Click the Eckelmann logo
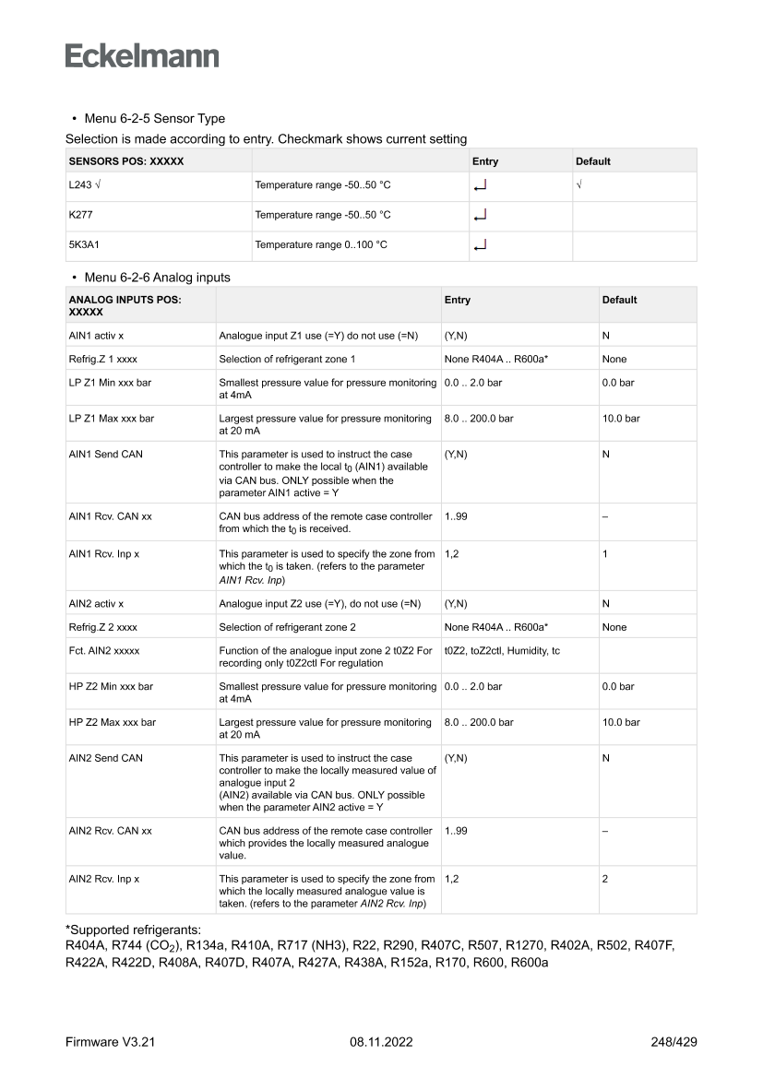point(142,55)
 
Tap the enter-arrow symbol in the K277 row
point(479,216)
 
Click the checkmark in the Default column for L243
point(578,185)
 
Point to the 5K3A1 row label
point(84,245)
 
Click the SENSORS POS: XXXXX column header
point(127,161)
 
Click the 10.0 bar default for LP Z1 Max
point(621,418)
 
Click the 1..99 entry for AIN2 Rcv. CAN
point(456,831)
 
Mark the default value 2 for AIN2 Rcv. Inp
point(605,879)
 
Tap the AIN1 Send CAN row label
point(106,455)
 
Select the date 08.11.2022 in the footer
point(381,1043)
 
